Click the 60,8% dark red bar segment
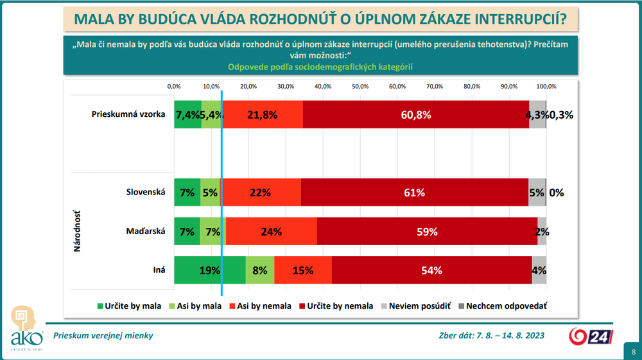tap(415, 115)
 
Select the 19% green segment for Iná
tap(210, 270)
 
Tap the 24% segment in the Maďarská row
tap(272, 231)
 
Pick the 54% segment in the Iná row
tap(431, 270)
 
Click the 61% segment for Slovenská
tap(414, 192)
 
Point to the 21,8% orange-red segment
tap(263, 115)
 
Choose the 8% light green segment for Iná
tap(260, 270)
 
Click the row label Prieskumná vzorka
tap(129, 114)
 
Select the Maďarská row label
tap(147, 231)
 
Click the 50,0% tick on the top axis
tap(360, 86)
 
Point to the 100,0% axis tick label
tap(546, 86)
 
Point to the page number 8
tap(633, 352)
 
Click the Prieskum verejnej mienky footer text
tap(103, 335)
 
